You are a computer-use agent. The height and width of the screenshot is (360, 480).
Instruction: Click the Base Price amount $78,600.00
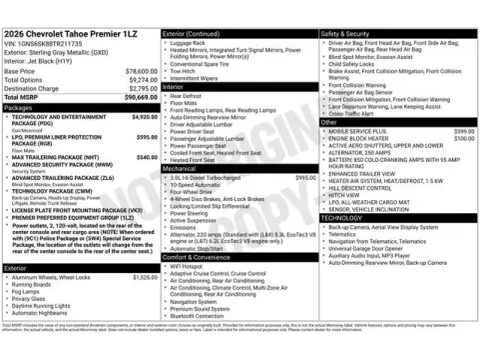pos(141,72)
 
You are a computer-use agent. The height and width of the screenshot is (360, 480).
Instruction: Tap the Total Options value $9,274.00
pos(142,80)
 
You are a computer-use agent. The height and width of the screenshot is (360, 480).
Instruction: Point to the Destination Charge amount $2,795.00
pos(142,88)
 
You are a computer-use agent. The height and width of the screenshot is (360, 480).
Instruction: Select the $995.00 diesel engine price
pos(306,177)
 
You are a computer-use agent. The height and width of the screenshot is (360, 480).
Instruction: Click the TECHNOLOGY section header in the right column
pos(342,217)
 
